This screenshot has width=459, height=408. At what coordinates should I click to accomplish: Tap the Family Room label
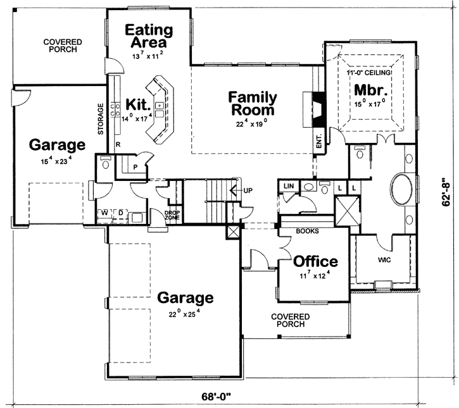pyautogui.click(x=253, y=104)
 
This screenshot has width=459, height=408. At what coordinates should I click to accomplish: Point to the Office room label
pyautogui.click(x=315, y=261)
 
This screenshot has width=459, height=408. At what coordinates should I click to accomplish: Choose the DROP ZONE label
pyautogui.click(x=172, y=215)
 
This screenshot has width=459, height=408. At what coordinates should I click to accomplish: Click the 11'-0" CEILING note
pyautogui.click(x=369, y=73)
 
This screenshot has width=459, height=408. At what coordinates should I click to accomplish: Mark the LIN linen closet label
pyautogui.click(x=289, y=186)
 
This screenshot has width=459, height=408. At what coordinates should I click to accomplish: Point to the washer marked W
pyautogui.click(x=103, y=213)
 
